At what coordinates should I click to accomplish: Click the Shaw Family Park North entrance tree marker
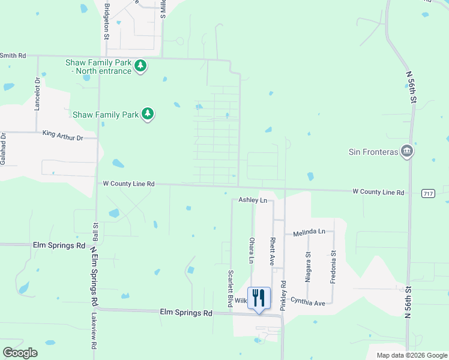[140, 65]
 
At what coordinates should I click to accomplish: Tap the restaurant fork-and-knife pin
[259, 298]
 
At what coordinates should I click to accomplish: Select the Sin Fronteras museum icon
[408, 151]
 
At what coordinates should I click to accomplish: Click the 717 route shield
[428, 193]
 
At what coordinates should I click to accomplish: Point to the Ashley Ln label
[252, 200]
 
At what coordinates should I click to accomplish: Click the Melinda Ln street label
[309, 232]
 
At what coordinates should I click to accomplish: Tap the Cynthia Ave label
[307, 302]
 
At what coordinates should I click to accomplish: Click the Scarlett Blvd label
[230, 289]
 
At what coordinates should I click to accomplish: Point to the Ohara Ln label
[252, 250]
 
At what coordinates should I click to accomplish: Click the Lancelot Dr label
[37, 94]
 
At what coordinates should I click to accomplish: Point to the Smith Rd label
[13, 55]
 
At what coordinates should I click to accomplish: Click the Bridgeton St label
[107, 20]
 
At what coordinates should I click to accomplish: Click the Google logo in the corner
[20, 352]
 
